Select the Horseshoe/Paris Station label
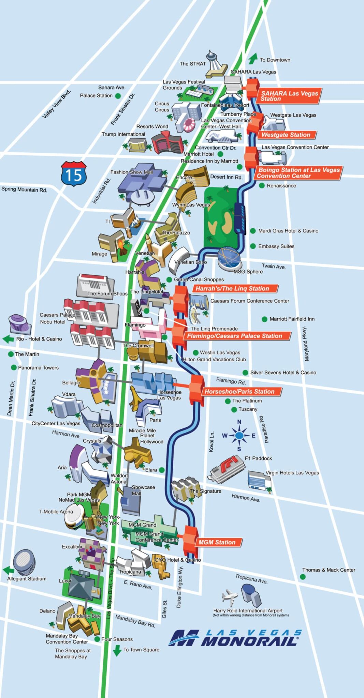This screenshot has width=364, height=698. click(239, 392)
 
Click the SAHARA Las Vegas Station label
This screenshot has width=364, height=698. click(289, 96)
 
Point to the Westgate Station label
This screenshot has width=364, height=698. click(286, 135)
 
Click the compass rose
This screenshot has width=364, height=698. click(239, 435)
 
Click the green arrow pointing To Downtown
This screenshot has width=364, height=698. click(253, 59)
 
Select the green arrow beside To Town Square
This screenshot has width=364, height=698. click(117, 650)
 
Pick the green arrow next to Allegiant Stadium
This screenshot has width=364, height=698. click(8, 570)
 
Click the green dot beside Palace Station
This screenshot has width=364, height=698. click(118, 96)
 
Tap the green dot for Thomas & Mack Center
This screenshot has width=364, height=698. click(303, 577)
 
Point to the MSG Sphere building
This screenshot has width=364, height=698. click(230, 258)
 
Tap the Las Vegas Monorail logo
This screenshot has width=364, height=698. click(235, 638)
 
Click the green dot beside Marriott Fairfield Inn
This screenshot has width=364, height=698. click(264, 319)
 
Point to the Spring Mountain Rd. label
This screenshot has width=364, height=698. click(24, 189)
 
